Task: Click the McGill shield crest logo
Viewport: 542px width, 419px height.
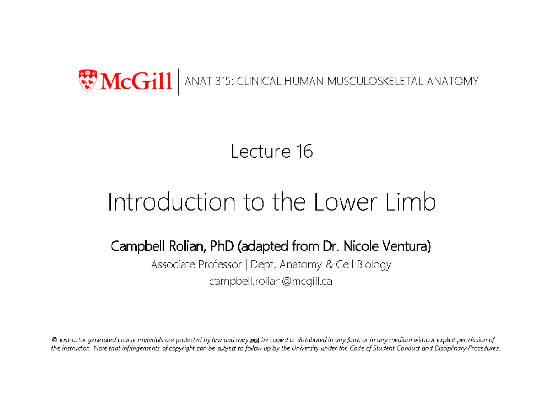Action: point(88,79)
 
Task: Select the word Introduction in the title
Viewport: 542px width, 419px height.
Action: point(171,203)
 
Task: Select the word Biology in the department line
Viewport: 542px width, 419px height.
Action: point(374,264)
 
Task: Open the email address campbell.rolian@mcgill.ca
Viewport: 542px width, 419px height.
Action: point(271,282)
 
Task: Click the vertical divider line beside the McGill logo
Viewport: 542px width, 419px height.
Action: point(179,82)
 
